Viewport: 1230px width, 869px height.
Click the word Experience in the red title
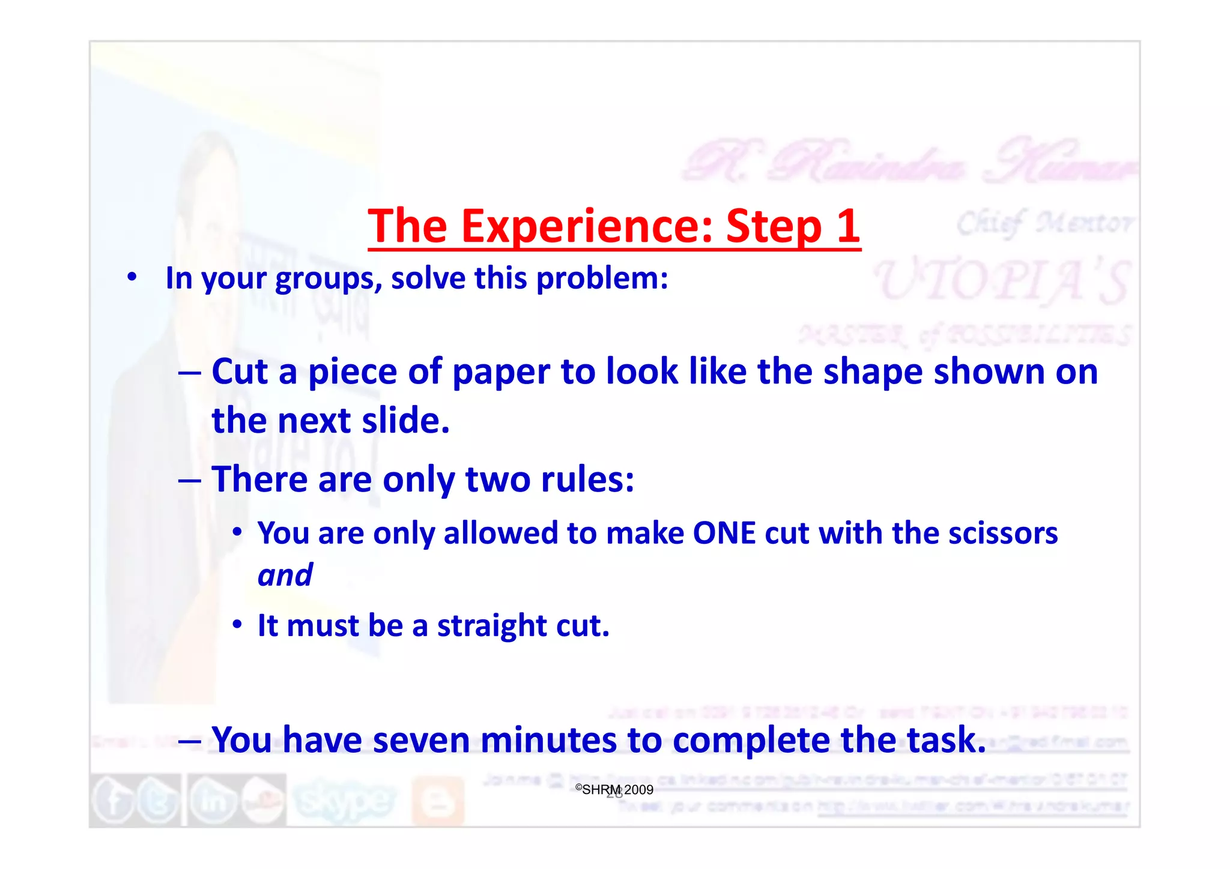[x=586, y=226]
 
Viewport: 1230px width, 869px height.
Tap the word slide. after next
[x=406, y=421]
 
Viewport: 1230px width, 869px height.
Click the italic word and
[x=285, y=575]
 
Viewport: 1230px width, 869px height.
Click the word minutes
[x=548, y=739]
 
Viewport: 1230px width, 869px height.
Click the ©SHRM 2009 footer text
[x=614, y=790]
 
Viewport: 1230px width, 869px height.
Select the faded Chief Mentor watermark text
[x=1044, y=223]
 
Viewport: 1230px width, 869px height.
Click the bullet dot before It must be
[x=238, y=625]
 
